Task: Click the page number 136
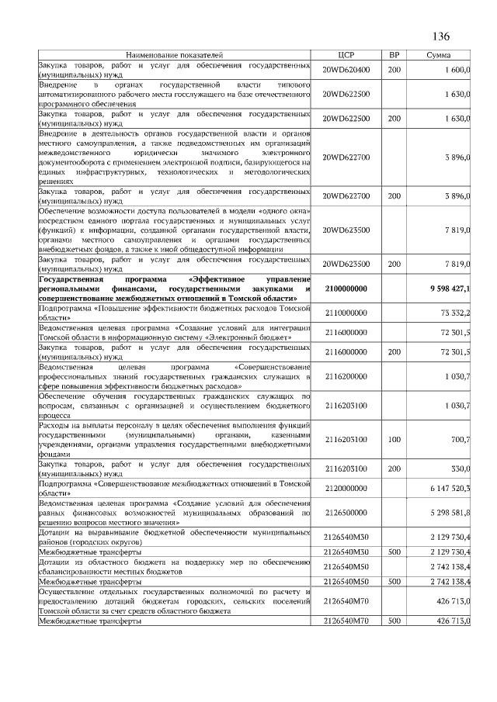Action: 440,37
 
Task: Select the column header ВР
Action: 394,56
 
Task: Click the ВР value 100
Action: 394,440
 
